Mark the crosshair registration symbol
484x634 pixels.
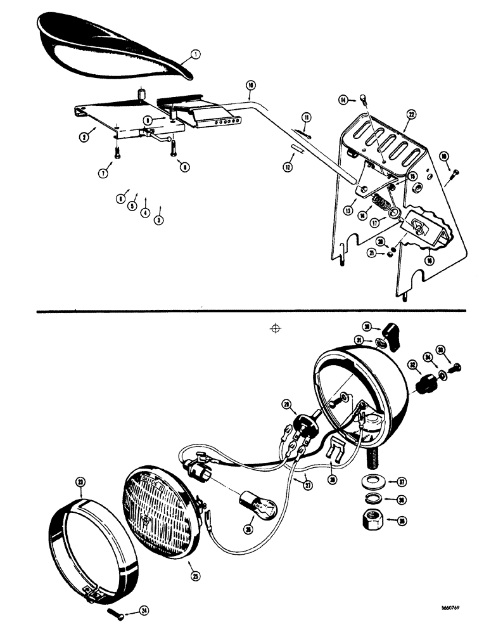tap(275, 328)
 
